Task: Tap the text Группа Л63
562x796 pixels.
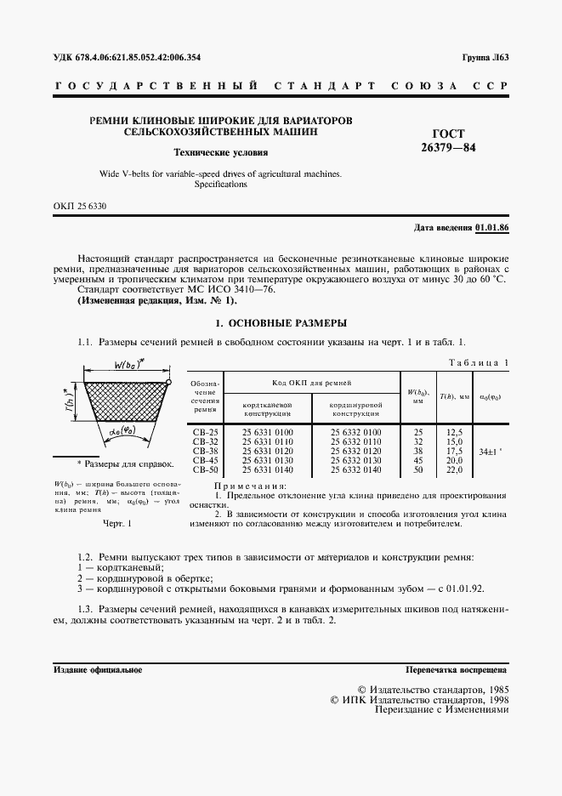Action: pyautogui.click(x=485, y=57)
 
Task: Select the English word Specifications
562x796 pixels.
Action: pyautogui.click(x=220, y=184)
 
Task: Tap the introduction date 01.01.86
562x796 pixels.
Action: pyautogui.click(x=491, y=228)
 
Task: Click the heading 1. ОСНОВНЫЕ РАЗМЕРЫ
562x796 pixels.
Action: pyautogui.click(x=281, y=323)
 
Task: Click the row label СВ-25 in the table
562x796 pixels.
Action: pyautogui.click(x=206, y=432)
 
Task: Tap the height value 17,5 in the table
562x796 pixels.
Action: pyautogui.click(x=454, y=451)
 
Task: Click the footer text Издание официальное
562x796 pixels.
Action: pyautogui.click(x=98, y=670)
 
